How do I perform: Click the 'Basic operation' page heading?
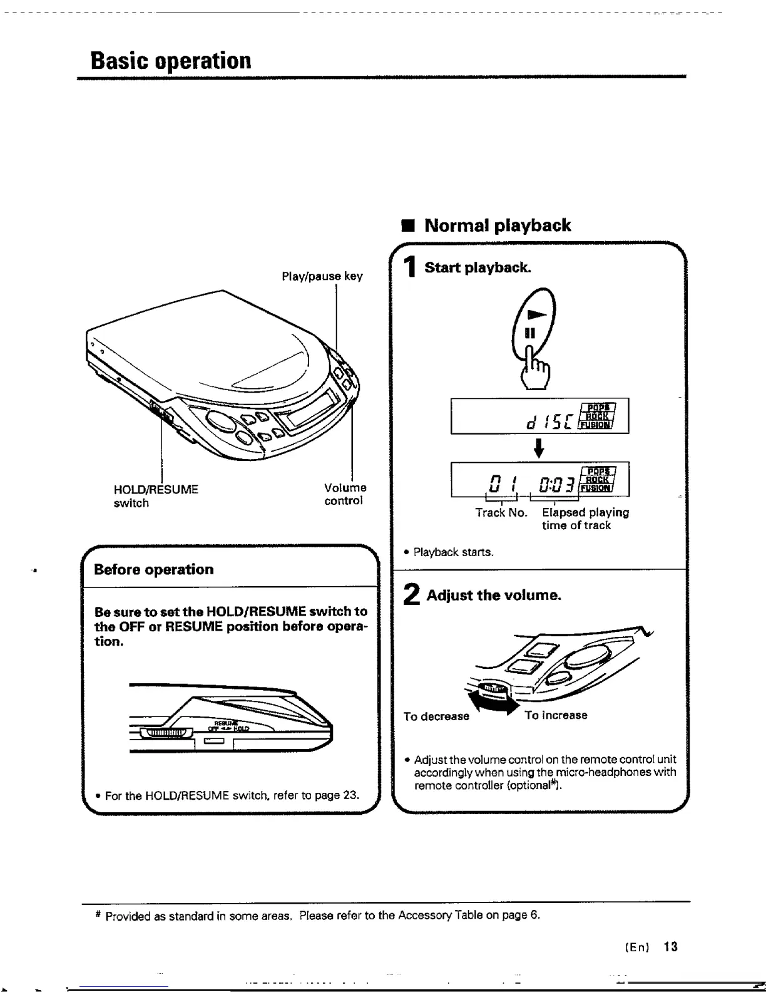click(x=171, y=61)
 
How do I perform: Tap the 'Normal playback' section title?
click(x=497, y=225)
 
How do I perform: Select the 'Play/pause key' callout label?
click(x=322, y=276)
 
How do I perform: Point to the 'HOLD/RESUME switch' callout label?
click(x=156, y=495)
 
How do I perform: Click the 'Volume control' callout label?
click(x=345, y=494)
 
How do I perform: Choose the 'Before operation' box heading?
click(x=153, y=569)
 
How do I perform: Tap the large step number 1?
click(x=409, y=268)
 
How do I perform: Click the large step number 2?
click(x=411, y=595)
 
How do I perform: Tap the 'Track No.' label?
click(x=501, y=513)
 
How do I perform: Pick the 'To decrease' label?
click(x=436, y=716)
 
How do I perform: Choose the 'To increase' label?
click(x=556, y=715)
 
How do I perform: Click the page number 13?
click(x=671, y=946)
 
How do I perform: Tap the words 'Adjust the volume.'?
click(x=494, y=595)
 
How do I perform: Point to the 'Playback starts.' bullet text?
click(x=453, y=552)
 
